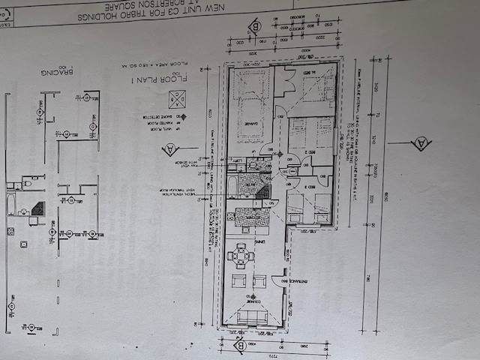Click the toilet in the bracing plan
click(27, 183)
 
